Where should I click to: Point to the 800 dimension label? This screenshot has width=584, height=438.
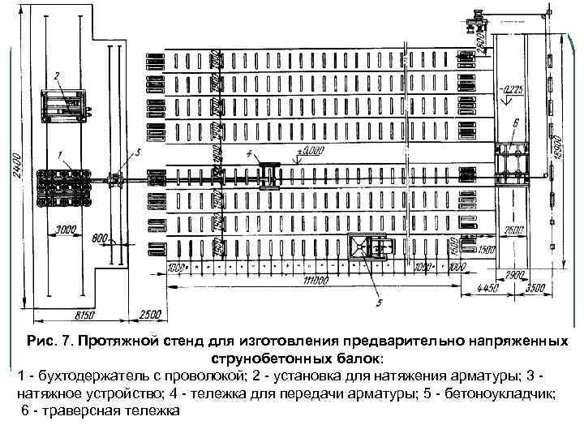100,238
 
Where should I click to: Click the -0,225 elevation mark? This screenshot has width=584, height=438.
513,89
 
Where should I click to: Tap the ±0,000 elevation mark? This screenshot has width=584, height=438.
311,151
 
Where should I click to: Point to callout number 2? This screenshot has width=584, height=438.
58,75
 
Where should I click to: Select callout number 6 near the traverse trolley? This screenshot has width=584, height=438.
516,122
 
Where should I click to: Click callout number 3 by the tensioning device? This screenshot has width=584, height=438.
139,152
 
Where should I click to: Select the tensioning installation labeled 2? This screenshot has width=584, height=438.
64,104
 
